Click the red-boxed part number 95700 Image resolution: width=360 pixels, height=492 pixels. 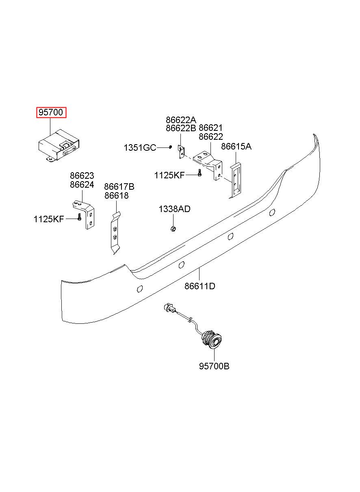point(51,112)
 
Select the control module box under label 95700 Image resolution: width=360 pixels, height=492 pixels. point(59,146)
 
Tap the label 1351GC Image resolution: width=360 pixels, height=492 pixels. point(140,147)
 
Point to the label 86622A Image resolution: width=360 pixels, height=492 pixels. point(181,120)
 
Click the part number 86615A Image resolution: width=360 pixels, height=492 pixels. point(236,146)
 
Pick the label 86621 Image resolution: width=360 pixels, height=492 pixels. point(210,128)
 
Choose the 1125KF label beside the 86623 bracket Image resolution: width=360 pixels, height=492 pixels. point(49,219)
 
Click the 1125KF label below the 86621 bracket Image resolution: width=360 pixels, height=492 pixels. point(169,175)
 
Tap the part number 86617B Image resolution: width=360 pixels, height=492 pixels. point(119,187)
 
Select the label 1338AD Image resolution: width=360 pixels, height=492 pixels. point(174,209)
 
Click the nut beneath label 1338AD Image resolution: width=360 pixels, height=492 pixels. point(173,229)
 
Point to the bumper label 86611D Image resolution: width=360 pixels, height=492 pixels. point(200,286)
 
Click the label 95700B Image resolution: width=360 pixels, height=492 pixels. point(214,366)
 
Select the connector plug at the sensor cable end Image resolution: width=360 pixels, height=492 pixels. point(169,308)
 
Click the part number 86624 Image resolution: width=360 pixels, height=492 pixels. point(82,185)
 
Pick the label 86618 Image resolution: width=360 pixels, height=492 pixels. point(117,195)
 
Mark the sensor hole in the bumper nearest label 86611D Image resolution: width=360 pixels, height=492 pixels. point(182,265)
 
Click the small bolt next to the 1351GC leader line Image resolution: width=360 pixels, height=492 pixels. point(170,147)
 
